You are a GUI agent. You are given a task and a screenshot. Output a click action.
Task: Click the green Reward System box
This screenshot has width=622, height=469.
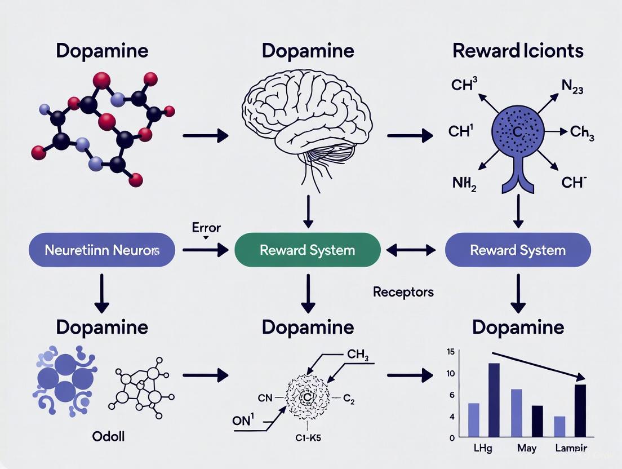[x=307, y=250]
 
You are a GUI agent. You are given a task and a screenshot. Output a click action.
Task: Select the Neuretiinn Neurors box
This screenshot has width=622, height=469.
[x=101, y=250]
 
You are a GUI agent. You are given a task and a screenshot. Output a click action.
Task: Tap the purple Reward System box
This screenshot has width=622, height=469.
[x=517, y=250]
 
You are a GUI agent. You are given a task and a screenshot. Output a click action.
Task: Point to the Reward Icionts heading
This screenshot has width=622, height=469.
[x=517, y=51]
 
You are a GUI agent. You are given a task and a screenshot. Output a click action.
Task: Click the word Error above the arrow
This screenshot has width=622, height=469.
[x=206, y=228]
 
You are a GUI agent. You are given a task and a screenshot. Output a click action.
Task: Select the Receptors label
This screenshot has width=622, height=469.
[x=403, y=291]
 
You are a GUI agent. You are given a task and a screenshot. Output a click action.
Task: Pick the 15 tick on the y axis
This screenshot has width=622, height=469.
[x=450, y=352]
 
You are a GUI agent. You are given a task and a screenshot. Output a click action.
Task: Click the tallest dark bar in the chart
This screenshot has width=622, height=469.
[x=494, y=400]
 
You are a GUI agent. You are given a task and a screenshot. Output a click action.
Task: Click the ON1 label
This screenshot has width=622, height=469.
[x=243, y=421]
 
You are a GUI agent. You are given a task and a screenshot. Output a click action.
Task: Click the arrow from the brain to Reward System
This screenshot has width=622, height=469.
[x=308, y=211]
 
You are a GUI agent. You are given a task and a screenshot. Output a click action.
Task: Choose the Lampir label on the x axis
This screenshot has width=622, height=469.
[x=571, y=449]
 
